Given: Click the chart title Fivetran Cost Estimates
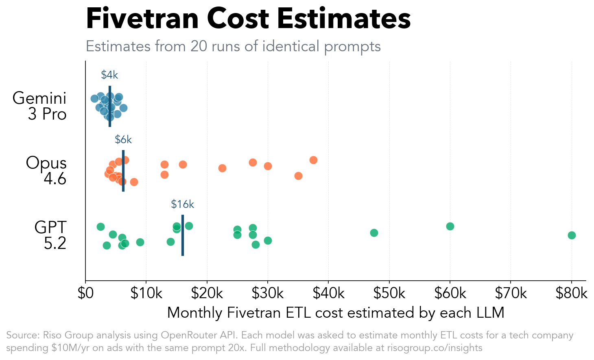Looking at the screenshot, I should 248,19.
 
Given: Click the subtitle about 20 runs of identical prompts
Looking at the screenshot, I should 233,46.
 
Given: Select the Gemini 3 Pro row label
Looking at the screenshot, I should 40,106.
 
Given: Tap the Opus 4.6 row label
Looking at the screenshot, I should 46,170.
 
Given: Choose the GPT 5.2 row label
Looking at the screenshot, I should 50,235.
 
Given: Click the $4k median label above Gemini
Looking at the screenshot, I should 109,75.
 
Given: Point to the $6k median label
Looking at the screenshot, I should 123,140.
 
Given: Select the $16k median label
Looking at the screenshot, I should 182,204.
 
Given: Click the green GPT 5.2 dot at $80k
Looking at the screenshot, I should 572,235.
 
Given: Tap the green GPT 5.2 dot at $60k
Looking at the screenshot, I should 450,226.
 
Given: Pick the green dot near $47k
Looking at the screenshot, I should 374,233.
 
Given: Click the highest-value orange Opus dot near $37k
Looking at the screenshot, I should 313,160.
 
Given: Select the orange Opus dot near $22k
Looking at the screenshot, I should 222,168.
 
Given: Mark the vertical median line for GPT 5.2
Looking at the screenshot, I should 183,244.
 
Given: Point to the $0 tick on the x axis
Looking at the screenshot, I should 85,293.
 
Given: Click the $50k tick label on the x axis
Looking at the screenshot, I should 389,293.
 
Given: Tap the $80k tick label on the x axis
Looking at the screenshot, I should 571,293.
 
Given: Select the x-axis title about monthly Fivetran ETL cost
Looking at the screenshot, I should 336,313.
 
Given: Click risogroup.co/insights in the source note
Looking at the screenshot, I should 435,348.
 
